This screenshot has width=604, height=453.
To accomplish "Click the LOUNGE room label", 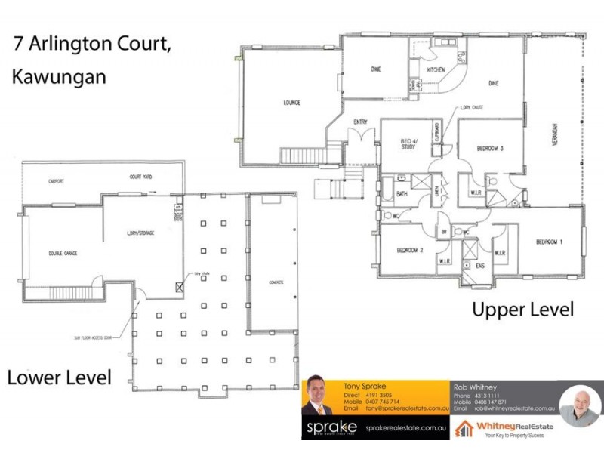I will [292, 103].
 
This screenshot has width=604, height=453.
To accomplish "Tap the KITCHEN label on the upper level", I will [436, 69].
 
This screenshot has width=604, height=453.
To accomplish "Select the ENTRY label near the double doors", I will [360, 122].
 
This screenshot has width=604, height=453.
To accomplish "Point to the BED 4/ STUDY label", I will [408, 144].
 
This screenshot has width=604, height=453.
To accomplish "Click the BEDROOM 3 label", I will [490, 149].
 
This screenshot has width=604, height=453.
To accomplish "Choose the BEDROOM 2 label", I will [410, 250].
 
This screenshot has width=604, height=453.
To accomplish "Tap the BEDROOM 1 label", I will [549, 242].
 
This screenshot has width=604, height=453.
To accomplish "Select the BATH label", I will [402, 194].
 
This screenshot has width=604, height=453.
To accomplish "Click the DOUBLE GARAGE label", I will [63, 253].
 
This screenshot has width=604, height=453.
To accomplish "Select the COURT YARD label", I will [140, 177].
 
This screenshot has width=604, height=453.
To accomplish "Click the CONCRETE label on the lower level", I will [274, 282].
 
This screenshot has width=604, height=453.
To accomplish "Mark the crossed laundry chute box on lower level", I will [179, 287].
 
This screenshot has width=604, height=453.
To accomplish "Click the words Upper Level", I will [522, 309].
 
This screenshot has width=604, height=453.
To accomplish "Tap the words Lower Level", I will [59, 377].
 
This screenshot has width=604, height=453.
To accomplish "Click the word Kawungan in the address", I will [59, 76].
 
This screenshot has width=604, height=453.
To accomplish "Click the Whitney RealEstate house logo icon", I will [464, 429].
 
